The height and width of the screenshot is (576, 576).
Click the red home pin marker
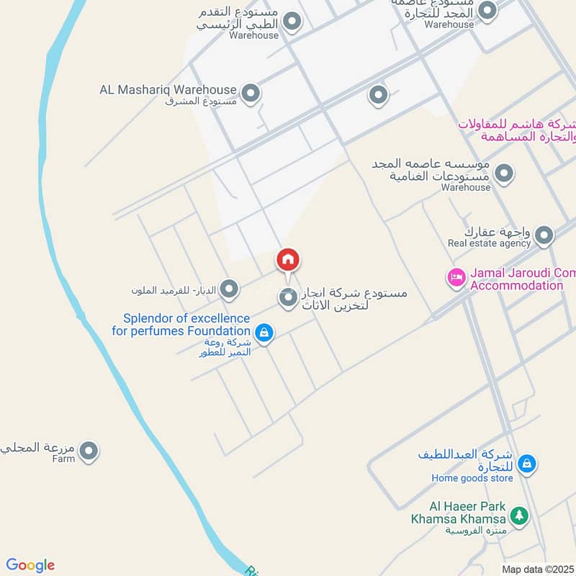pos(288,261)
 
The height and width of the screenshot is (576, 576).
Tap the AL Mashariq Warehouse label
pos(168,90)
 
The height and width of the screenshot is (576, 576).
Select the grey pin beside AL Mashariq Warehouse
pos(250,94)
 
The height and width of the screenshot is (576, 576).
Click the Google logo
pos(30,565)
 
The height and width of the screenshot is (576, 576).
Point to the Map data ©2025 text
pos(538,570)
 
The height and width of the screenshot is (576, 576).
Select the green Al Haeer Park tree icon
pos(518,516)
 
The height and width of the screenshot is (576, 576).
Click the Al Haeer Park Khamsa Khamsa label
pos(459,513)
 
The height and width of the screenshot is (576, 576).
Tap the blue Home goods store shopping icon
pos(526,464)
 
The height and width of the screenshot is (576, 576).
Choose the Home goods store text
pos(472,478)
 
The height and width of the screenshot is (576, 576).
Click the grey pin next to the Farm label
pos(89,451)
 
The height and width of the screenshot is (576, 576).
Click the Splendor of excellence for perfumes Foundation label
pos(181,325)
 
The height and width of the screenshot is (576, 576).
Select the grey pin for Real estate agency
pos(544,235)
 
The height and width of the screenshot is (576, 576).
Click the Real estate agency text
pos(489,243)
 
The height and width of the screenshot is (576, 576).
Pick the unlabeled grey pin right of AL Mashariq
pos(378,94)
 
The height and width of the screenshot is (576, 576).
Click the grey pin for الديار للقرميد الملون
pos(229,290)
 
